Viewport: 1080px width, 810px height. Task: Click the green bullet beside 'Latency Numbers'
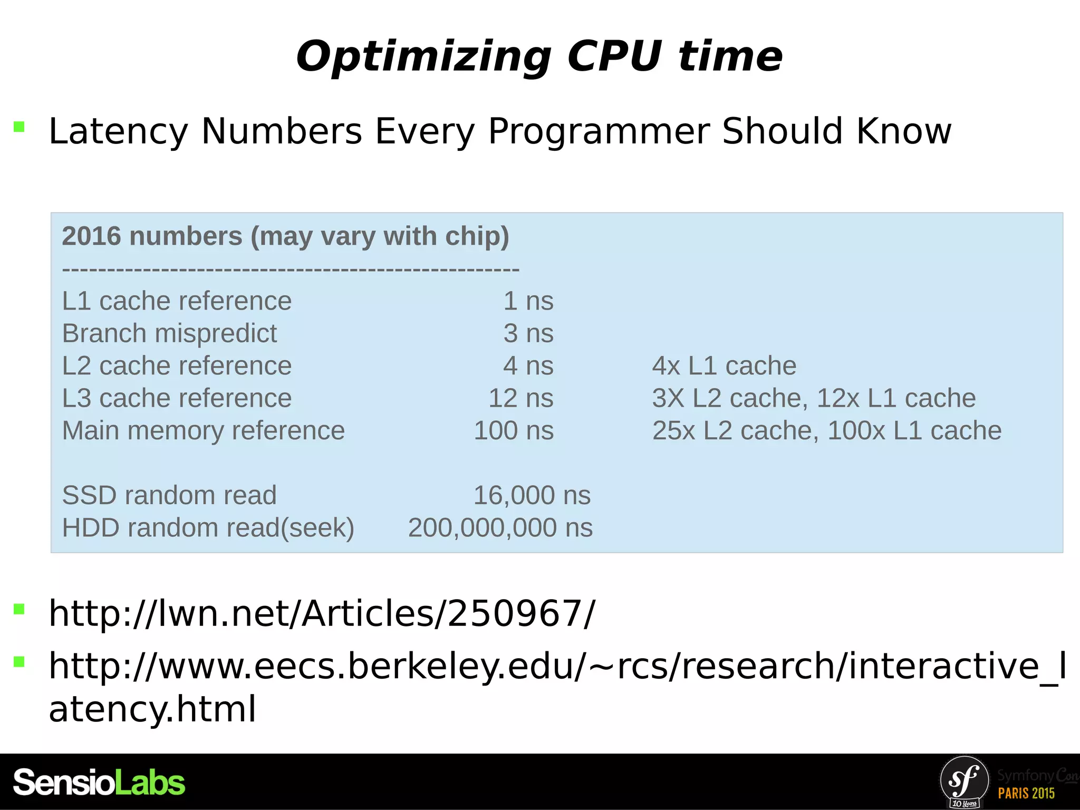coord(20,127)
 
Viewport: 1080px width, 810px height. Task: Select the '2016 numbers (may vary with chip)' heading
coord(285,236)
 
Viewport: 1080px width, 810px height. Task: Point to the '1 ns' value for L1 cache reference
coord(528,301)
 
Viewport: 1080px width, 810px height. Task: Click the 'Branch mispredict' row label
coord(169,334)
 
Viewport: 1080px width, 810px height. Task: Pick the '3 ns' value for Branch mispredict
coord(528,334)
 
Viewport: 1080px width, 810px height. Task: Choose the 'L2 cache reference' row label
coord(177,366)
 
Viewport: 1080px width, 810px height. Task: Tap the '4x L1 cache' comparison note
coord(724,366)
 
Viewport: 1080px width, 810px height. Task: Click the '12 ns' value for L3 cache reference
coord(520,398)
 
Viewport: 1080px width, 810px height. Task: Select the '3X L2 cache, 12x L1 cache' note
coord(813,398)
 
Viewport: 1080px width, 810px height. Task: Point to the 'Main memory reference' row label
coord(203,431)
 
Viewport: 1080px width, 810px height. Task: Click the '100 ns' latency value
coord(514,431)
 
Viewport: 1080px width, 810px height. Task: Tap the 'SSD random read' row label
coord(169,496)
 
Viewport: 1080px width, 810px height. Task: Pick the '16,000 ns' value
coord(532,496)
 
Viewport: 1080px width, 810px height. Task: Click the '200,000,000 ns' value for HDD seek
coord(500,528)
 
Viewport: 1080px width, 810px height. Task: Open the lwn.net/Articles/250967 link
coord(322,614)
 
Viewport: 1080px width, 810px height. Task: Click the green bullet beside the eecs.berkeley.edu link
coord(20,662)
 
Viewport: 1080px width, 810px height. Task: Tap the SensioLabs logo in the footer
coord(99,782)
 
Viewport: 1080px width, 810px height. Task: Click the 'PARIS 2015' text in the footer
coord(1026,793)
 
